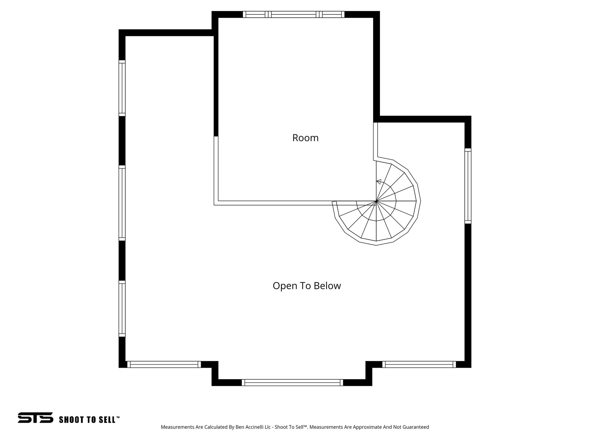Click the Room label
[305, 138]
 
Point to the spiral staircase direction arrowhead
[379, 182]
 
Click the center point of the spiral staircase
[376, 201]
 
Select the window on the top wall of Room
[293, 14]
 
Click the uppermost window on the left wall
[122, 88]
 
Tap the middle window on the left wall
[122, 203]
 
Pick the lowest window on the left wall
[122, 308]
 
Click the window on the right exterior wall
[468, 186]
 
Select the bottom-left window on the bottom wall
[164, 364]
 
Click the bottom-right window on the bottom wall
[419, 364]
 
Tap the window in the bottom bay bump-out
[292, 382]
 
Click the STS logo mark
[35, 418]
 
